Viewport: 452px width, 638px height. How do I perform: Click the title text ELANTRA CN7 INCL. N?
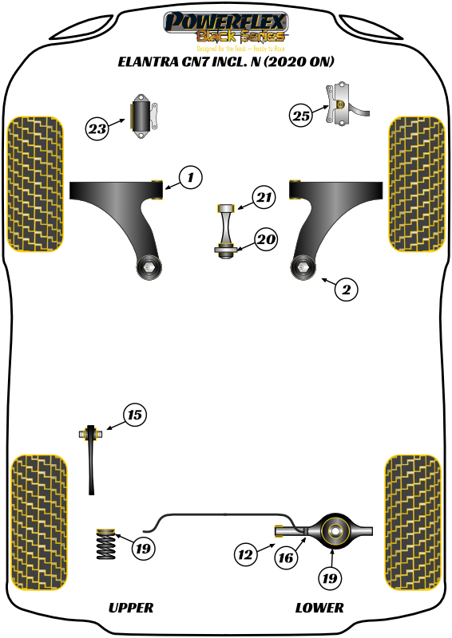pyautogui.click(x=226, y=61)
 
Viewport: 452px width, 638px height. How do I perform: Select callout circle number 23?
pyautogui.click(x=97, y=128)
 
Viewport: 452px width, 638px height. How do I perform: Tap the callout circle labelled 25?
pyautogui.click(x=300, y=116)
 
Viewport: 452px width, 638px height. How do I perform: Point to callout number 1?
pyautogui.click(x=190, y=176)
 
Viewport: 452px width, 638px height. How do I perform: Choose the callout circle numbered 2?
pyautogui.click(x=346, y=289)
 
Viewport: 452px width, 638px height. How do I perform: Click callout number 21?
pyautogui.click(x=264, y=196)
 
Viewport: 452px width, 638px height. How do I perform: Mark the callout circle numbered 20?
pyautogui.click(x=266, y=238)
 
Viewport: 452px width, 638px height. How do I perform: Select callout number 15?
pyautogui.click(x=135, y=414)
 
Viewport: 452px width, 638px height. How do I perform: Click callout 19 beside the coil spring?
pyautogui.click(x=144, y=548)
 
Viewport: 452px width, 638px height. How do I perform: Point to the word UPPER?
pyautogui.click(x=130, y=608)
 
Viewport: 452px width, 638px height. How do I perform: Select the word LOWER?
pyautogui.click(x=319, y=608)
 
